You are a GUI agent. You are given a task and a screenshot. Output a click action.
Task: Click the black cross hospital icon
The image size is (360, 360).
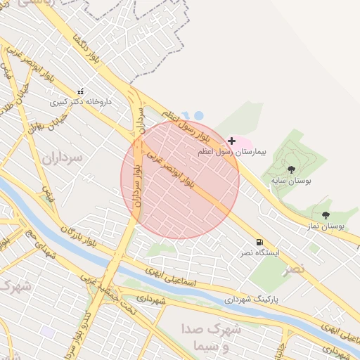pyautogui.click(x=231, y=141)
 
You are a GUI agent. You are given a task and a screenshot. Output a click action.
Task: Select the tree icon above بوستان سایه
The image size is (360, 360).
pyautogui.click(x=291, y=169)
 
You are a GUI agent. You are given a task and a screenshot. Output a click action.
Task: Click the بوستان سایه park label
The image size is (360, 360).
pyautogui.click(x=292, y=181)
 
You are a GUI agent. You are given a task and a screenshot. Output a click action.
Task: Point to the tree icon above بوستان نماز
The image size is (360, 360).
pyautogui.click(x=325, y=215)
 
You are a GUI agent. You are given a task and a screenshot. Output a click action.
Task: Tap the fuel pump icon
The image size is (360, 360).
pyautogui.click(x=260, y=241)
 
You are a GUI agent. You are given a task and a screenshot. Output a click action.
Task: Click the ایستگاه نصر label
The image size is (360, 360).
pyautogui.click(x=261, y=252)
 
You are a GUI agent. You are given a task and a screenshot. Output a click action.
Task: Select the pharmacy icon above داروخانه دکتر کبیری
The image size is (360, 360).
pyautogui.click(x=80, y=91)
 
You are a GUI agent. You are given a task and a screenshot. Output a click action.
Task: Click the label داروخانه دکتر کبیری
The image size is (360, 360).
pyautogui.click(x=81, y=102)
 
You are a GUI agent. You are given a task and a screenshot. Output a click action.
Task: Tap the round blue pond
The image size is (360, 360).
pyautogui.click(x=199, y=115)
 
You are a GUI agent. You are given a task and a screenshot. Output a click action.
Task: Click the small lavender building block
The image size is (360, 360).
pyautogui.click(x=47, y=331)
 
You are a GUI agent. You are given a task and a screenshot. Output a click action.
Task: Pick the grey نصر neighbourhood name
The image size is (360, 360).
pyautogui.click(x=295, y=269)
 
